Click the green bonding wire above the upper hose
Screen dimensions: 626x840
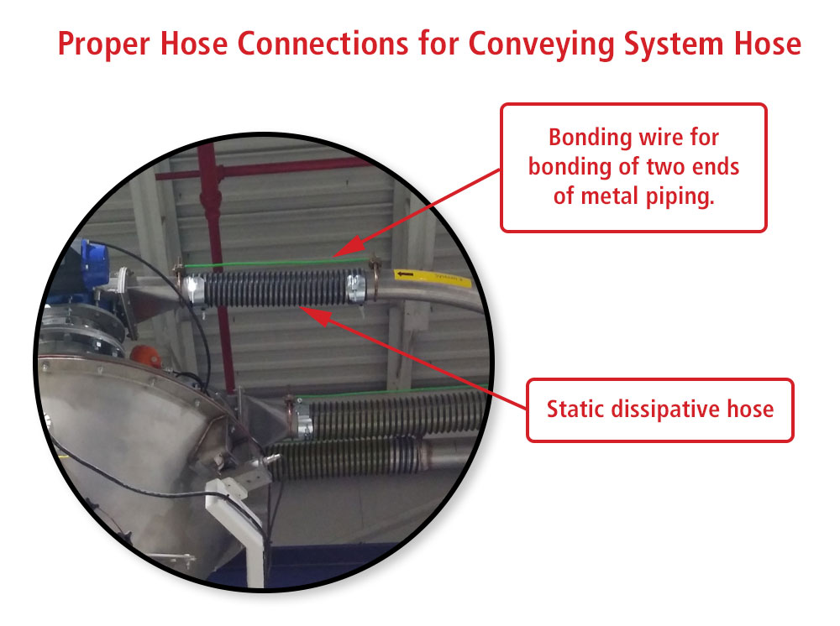tap(269, 263)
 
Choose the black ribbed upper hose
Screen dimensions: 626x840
tap(273, 290)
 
